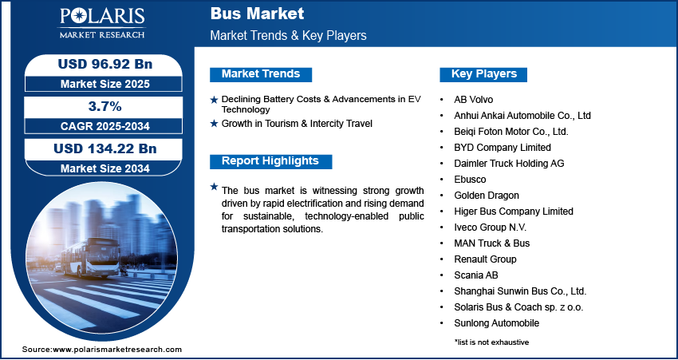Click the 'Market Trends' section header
point(261,74)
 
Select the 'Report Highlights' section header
point(270,161)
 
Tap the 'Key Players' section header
point(484,74)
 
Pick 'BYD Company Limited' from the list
point(503,148)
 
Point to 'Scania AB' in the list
point(477,275)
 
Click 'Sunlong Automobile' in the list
point(497,323)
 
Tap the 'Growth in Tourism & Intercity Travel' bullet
point(297,124)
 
